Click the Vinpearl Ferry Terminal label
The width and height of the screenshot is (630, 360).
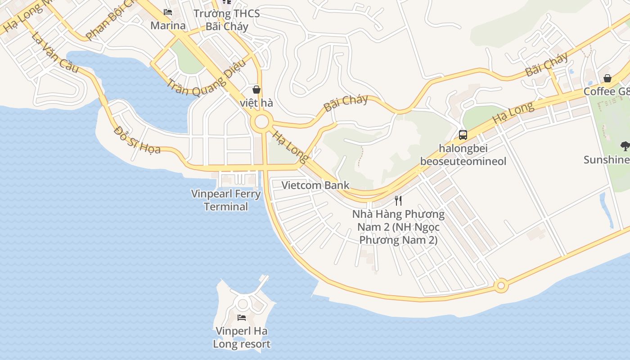click(x=226, y=200)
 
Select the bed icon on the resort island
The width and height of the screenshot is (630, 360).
click(x=242, y=318)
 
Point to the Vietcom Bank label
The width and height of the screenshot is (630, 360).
click(x=315, y=185)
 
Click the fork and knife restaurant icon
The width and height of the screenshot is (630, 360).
click(x=398, y=200)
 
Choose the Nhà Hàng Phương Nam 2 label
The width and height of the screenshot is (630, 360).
click(x=398, y=227)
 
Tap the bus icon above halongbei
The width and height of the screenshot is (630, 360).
click(x=463, y=135)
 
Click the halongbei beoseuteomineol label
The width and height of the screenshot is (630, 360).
click(x=463, y=155)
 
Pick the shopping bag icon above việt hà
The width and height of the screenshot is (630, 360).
click(x=256, y=90)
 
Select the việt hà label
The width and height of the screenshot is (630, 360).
click(x=256, y=103)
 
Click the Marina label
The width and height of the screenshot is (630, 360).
click(x=168, y=25)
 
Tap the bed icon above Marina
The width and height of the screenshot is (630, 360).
click(x=168, y=12)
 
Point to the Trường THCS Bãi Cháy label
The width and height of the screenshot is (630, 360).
click(x=227, y=20)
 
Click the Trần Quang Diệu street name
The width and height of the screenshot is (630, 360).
click(x=207, y=79)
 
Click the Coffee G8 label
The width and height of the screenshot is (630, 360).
click(x=607, y=92)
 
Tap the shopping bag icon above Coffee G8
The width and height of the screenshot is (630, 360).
click(x=607, y=79)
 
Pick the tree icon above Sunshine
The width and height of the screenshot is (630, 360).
click(x=625, y=145)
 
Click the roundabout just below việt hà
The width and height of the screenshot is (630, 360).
click(x=261, y=122)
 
